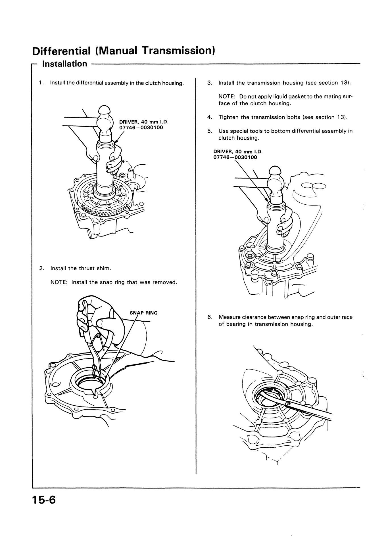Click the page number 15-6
(x=45, y=508)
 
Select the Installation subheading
(x=64, y=64)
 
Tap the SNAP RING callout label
(x=143, y=313)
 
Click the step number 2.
(x=41, y=268)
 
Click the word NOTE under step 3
(x=226, y=97)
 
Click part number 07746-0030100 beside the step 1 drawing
(x=141, y=127)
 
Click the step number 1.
(x=41, y=83)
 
